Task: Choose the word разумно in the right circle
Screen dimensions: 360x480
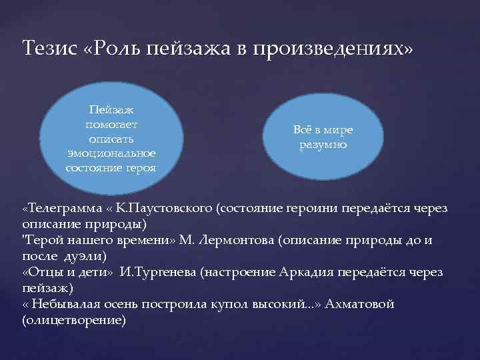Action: click(323, 145)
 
